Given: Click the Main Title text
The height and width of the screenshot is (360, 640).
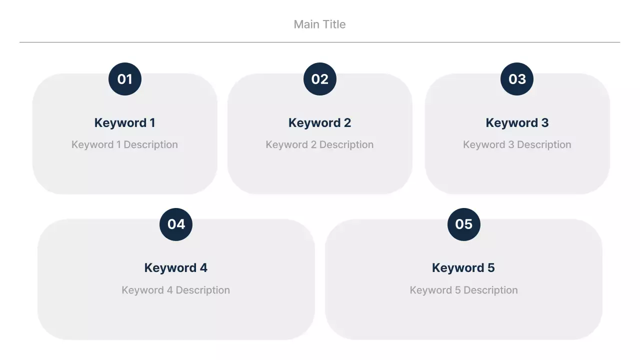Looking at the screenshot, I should pos(319,24).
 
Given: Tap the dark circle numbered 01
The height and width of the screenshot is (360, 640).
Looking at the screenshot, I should pos(125,79).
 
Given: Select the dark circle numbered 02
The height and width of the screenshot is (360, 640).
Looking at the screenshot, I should pos(320,79).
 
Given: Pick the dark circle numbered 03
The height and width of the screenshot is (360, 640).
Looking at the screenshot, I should pos(517,79).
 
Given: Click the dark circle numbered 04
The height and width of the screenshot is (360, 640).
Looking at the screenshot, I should pos(176,224).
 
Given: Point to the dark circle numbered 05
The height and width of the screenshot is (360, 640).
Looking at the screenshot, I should pos(463,224).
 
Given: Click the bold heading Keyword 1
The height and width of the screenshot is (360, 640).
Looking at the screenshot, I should pos(124,123).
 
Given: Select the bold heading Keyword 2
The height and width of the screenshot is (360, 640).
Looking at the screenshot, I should pos(319,123).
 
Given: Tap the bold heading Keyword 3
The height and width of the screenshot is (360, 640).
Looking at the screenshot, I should pos(517,123).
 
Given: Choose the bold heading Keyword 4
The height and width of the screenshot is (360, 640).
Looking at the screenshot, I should pos(175,268).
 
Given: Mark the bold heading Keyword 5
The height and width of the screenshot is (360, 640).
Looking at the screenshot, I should pos(463,268).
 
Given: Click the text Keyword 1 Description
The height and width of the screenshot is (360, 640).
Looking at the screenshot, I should pos(124,145).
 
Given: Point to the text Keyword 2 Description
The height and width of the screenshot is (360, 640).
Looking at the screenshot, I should pos(319,145).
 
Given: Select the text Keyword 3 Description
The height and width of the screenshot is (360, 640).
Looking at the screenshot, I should pos(517,145).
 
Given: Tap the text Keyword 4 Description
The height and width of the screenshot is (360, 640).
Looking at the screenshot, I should pos(175,290).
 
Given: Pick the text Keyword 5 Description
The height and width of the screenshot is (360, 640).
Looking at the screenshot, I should pos(463,290).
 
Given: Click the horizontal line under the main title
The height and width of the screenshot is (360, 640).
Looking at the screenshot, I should pos(319,42).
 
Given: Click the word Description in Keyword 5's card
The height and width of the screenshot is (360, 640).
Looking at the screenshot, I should pos(490,290).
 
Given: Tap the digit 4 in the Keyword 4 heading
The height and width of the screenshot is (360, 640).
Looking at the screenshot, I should pos(203,268).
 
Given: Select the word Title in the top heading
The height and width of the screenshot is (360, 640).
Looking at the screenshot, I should pos(334,24).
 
